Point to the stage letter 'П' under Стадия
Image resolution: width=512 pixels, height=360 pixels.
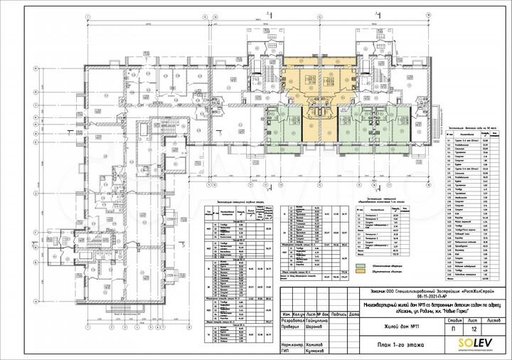pyautogui.click(x=444, y=329)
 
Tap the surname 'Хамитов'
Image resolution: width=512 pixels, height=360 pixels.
pyautogui.click(x=303, y=344)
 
